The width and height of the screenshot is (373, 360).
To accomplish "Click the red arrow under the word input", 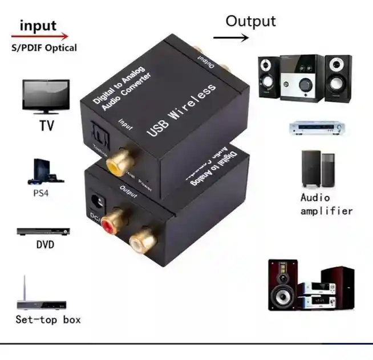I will pyautogui.click(x=40, y=36).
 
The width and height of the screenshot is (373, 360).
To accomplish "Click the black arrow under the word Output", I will pyautogui.click(x=231, y=38).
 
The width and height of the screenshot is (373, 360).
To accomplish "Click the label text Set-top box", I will pyautogui.click(x=48, y=320).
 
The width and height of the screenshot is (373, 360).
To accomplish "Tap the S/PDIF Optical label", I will pyautogui.click(x=44, y=48).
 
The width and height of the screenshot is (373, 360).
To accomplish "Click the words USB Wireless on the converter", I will pyautogui.click(x=182, y=109).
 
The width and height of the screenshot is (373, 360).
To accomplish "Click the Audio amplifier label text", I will pyautogui.click(x=326, y=204).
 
